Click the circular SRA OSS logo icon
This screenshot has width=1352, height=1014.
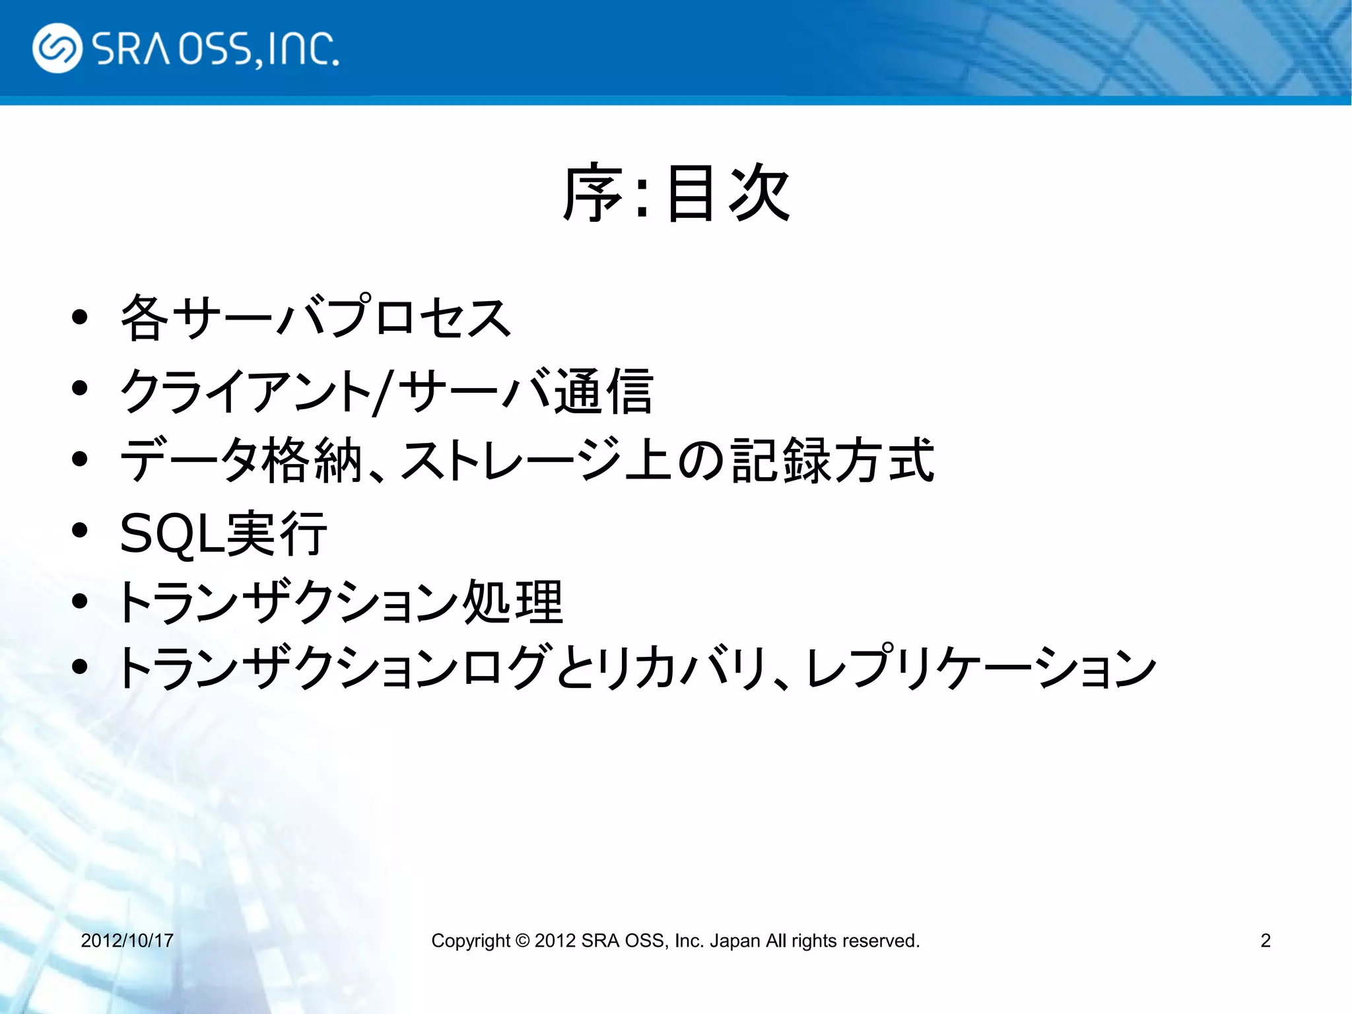pyautogui.click(x=57, y=48)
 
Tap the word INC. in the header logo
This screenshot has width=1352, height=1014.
pyautogui.click(x=303, y=49)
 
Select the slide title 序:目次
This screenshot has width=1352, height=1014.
pyautogui.click(x=676, y=193)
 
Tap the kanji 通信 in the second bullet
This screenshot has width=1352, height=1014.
pyautogui.click(x=603, y=392)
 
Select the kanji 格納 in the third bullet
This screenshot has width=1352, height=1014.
pyautogui.click(x=312, y=461)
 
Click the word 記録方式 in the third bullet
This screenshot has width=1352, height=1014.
pyautogui.click(x=832, y=461)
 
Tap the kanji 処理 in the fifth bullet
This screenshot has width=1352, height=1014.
pyautogui.click(x=513, y=602)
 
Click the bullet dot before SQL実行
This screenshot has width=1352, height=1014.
pyautogui.click(x=80, y=530)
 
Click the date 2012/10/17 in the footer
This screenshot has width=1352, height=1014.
pyautogui.click(x=127, y=940)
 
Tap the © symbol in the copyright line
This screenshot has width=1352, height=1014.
pyautogui.click(x=522, y=940)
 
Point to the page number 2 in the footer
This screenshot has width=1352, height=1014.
pyautogui.click(x=1265, y=940)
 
